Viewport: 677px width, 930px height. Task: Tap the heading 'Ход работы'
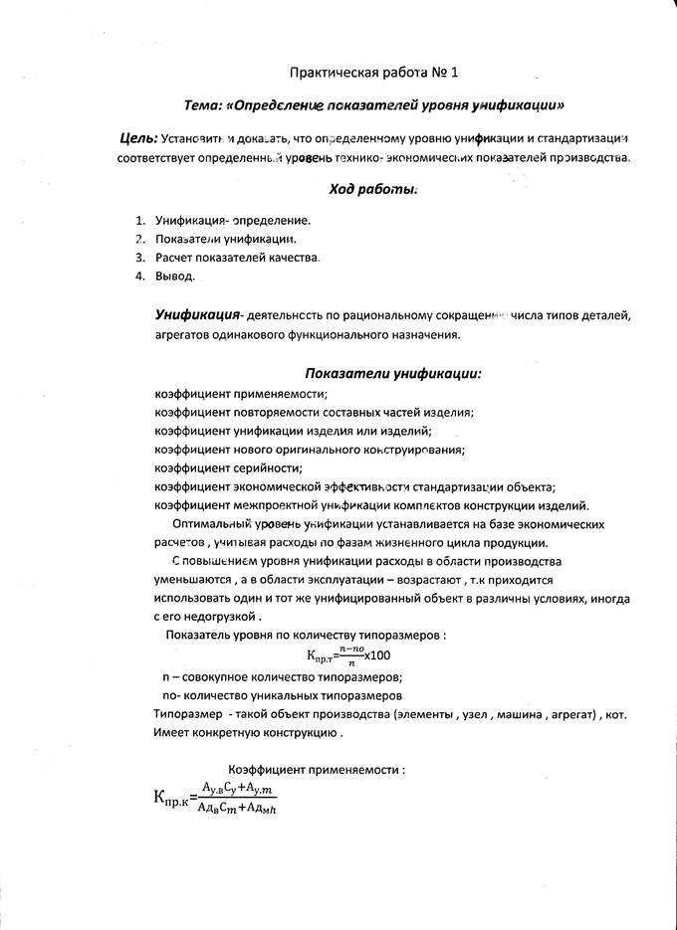pos(372,188)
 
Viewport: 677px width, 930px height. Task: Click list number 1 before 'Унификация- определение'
pos(138,220)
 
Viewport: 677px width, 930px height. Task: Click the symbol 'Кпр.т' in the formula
pos(320,657)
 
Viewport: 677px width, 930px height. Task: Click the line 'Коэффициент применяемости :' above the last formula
pos(317,770)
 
